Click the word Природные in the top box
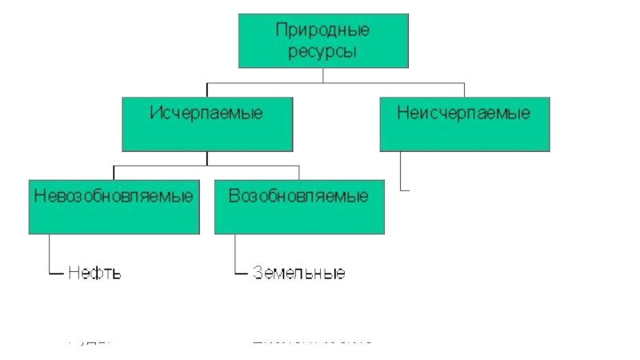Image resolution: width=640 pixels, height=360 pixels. tap(322, 32)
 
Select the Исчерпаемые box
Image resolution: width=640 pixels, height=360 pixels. tap(206, 124)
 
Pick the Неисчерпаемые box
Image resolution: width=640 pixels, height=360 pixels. tap(465, 124)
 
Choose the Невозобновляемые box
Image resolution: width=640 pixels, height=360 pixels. tap(114, 207)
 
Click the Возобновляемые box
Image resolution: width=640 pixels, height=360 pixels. tap(298, 207)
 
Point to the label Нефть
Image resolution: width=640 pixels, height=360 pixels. tap(94, 273)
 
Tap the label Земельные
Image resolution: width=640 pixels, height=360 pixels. tap(298, 273)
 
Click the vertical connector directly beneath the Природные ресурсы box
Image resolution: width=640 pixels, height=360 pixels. tap(322, 74)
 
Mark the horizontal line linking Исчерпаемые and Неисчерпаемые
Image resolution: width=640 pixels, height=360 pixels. tap(336, 82)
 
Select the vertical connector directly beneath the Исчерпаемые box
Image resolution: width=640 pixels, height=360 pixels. tap(206, 158)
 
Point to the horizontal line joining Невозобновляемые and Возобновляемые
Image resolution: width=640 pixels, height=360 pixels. tap(206, 166)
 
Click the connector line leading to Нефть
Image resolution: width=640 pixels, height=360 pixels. tap(50, 256)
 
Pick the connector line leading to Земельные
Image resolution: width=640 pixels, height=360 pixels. tap(236, 256)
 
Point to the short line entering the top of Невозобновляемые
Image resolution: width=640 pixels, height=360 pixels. tap(114, 173)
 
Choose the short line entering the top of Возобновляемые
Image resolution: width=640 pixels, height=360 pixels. tap(298, 173)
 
